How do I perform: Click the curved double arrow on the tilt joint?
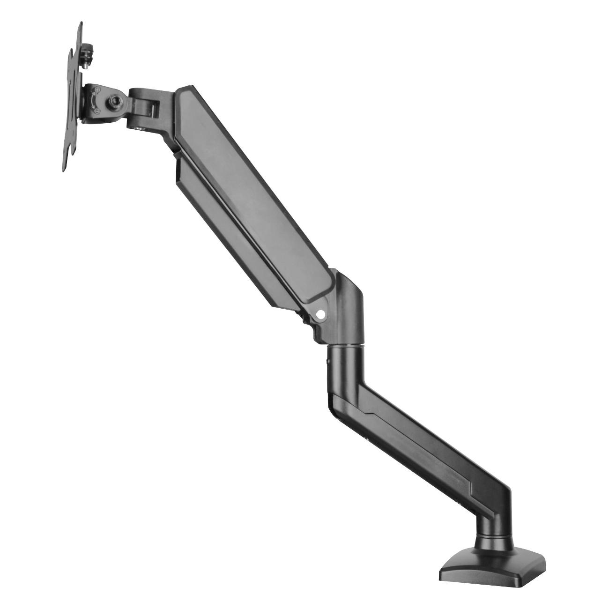click(x=93, y=100)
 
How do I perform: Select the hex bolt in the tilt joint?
click(x=114, y=100)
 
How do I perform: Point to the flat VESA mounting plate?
click(x=73, y=98)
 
